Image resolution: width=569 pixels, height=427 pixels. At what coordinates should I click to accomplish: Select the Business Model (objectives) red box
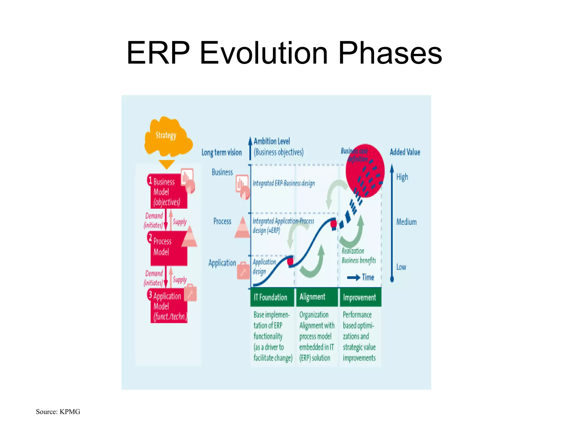point(168,191)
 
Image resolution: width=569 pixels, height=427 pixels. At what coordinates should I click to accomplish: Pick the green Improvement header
point(360,297)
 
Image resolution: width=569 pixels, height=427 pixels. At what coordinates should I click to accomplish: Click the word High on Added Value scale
point(402,177)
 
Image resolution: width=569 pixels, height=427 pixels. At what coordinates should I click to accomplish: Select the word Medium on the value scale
point(406,222)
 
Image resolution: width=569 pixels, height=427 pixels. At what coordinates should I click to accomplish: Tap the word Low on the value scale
point(401,267)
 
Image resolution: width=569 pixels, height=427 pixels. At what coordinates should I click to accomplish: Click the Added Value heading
point(405,152)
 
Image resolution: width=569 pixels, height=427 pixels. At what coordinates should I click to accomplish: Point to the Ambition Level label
point(271,141)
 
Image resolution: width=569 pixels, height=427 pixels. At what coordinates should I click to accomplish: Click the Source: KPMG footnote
point(58,412)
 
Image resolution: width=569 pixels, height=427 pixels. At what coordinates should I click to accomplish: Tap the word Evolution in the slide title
point(263,53)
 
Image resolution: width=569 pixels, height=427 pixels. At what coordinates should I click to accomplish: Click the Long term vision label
point(221,152)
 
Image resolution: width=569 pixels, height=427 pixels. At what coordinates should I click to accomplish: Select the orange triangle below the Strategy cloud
point(166,164)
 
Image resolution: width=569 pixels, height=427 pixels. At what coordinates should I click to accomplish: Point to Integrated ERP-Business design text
point(284,183)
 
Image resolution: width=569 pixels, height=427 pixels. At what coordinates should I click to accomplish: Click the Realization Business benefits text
point(358,256)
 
